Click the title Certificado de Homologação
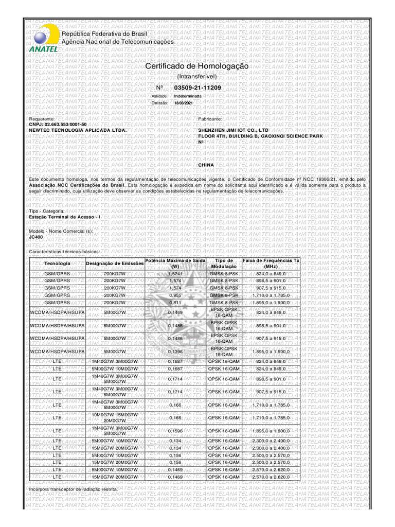point(197,67)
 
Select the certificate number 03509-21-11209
point(197,88)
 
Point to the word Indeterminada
point(188,96)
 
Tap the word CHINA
point(206,165)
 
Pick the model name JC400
point(36,237)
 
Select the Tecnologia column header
point(57,263)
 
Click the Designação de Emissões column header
point(115,263)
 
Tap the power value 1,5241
point(175,274)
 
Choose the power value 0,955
point(175,296)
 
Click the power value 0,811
point(175,303)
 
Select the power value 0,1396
point(175,352)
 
